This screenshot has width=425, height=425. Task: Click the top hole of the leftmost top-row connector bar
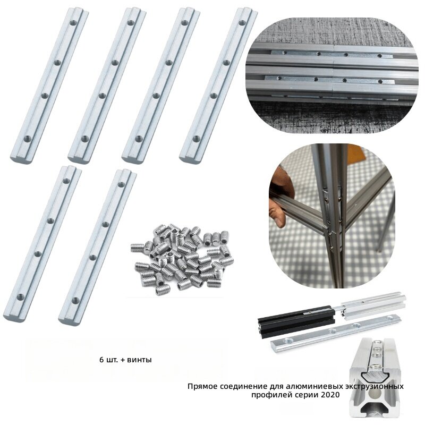[73, 23]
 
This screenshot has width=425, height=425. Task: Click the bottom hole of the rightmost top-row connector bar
[196, 139]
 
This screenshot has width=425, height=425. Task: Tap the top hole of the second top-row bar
[131, 23]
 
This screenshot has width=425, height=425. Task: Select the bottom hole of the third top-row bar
[139, 139]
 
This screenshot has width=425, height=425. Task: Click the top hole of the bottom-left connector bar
[66, 181]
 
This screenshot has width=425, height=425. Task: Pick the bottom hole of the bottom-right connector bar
[75, 300]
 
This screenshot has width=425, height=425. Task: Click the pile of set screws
[182, 259]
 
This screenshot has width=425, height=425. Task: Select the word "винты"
[139, 360]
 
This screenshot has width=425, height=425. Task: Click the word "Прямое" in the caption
[202, 386]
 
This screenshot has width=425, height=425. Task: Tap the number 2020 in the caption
[330, 394]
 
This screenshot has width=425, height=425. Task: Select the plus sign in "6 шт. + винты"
[123, 360]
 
